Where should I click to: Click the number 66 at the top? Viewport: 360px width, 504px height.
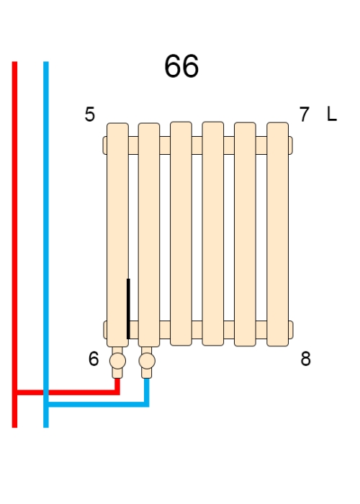181,66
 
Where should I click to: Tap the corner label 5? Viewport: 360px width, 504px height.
90,114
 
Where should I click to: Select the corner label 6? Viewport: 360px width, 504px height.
94,359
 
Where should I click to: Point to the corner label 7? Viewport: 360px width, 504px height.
304,114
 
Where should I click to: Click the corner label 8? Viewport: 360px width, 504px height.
306,359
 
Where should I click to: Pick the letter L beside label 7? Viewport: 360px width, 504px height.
332,114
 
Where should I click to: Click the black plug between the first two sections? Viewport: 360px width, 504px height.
128,309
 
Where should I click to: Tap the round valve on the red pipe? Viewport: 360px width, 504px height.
117,361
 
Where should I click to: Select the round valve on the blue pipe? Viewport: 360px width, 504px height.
147,361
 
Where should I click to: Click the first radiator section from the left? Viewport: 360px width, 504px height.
117,235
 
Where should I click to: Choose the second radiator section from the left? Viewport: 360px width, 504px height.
149,235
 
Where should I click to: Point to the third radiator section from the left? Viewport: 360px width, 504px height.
181,234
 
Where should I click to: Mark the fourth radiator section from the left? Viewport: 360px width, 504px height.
213,234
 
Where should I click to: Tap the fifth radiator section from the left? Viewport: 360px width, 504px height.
246,234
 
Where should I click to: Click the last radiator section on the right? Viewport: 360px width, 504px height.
278,234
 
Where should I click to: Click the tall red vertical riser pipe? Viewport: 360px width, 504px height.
14,244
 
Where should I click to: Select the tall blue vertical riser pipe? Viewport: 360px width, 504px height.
46,244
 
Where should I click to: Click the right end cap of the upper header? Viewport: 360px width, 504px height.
291,145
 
